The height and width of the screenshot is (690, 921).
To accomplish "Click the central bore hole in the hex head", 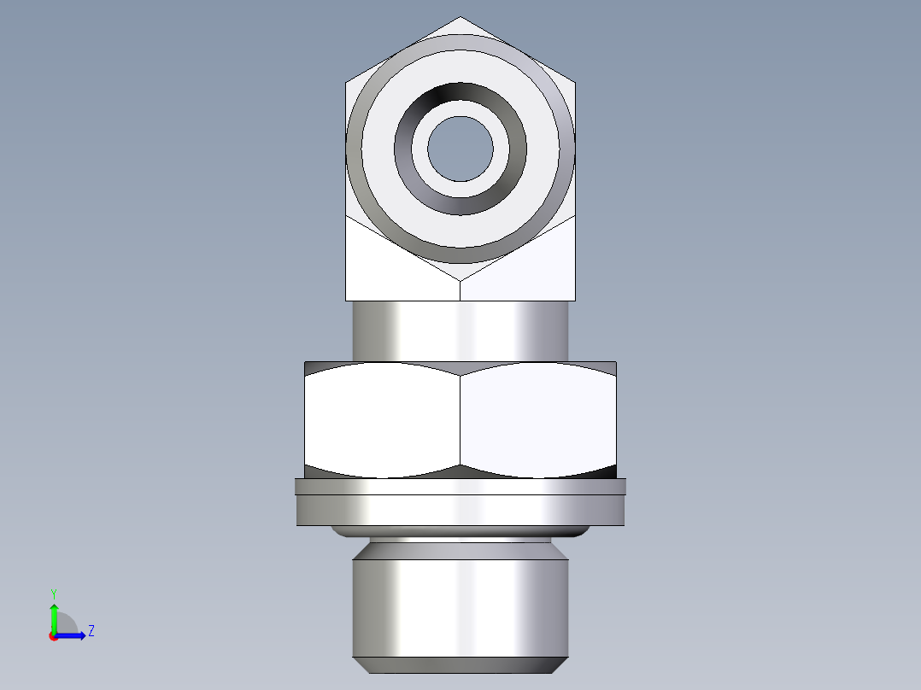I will point(460,149).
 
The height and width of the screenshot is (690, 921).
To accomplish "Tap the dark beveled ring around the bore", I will point(460,96).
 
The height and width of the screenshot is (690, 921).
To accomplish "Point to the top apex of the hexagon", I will point(460,18).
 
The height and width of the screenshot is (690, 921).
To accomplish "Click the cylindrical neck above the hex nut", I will point(460,330).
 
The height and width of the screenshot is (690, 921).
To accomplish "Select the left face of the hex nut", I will point(383,418).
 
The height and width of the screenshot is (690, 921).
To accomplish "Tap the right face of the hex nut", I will point(538,418).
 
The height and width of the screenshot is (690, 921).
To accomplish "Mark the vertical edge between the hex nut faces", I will point(460,418).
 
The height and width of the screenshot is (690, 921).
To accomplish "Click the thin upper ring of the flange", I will point(460,487).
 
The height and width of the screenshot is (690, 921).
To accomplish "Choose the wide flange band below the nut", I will point(460,511).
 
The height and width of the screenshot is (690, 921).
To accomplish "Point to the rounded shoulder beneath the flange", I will point(460,532).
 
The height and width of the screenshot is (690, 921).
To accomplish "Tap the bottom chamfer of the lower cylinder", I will point(460,665).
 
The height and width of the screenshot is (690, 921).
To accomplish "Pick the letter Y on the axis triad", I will point(54,593).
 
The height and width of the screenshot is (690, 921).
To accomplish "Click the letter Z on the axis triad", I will point(91,631).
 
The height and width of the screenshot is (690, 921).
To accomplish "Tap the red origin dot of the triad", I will point(53,636).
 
